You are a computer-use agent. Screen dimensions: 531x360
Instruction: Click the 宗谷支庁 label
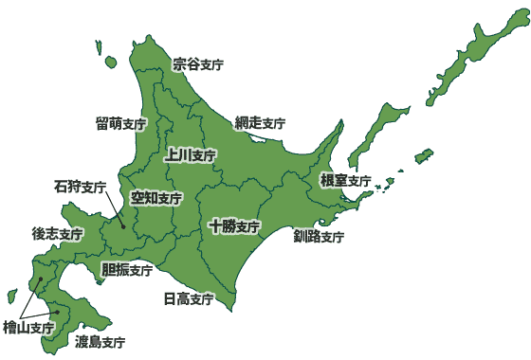198,64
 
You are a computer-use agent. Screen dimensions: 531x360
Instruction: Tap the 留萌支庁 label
120,123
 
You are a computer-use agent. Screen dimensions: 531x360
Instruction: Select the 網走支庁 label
260,123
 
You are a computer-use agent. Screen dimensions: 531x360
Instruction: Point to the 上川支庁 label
190,154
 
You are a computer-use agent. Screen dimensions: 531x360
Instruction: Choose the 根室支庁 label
344,180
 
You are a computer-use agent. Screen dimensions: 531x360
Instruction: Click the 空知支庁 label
156,198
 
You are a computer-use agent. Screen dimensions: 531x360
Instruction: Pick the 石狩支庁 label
80,187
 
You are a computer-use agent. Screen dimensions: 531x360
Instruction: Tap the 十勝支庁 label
234,226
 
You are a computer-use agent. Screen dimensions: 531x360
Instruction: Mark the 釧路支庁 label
319,236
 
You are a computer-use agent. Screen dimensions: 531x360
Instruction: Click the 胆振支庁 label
127,269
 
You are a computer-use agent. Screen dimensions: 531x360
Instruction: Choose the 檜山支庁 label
28,328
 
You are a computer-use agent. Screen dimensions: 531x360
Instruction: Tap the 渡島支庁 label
101,340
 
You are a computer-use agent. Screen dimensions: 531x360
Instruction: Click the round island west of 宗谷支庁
111,63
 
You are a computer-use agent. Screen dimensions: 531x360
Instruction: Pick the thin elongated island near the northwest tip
99,45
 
